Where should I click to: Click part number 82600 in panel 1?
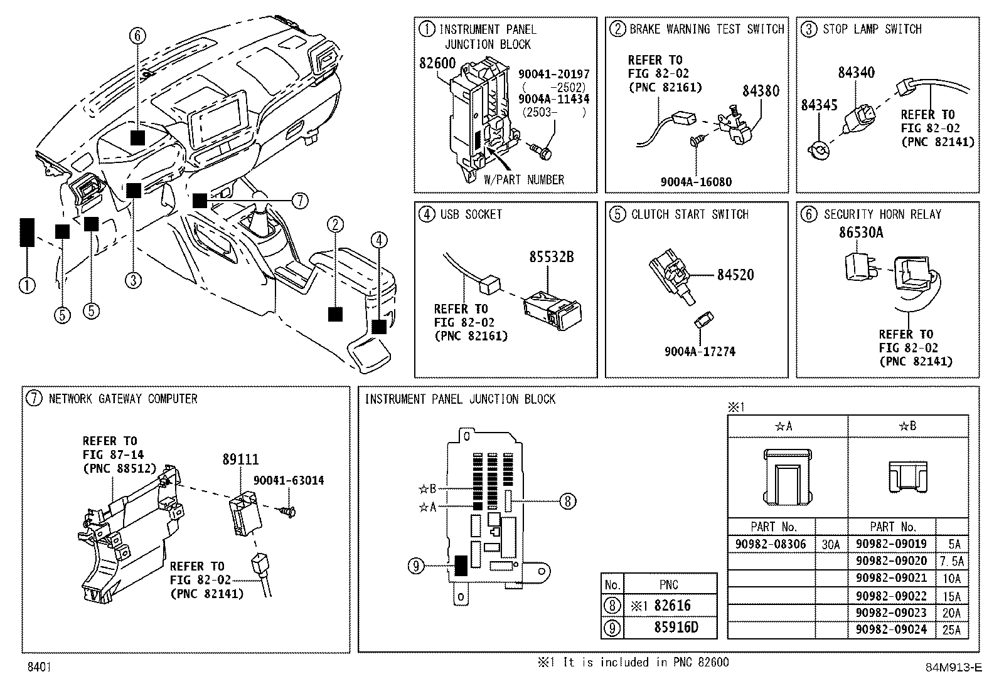(x=437, y=63)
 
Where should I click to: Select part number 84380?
(x=761, y=91)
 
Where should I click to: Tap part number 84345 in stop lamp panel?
(x=819, y=105)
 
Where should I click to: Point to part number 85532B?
(x=551, y=257)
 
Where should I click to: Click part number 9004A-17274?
(x=700, y=352)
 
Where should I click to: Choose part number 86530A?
(x=861, y=233)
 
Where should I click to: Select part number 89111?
(x=240, y=459)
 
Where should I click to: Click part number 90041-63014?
(x=289, y=480)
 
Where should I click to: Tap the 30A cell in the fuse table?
(x=831, y=544)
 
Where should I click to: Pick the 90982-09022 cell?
(x=891, y=596)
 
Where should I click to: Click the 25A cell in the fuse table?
(x=951, y=629)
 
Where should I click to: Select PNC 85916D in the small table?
(x=676, y=627)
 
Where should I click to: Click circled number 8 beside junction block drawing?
(x=568, y=502)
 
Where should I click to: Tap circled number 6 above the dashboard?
(x=137, y=35)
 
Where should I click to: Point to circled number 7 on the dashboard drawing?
(x=300, y=201)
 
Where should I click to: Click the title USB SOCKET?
(x=471, y=214)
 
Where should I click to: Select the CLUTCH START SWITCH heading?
(x=690, y=214)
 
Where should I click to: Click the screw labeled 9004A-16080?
(x=695, y=140)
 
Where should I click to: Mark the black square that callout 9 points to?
(x=461, y=565)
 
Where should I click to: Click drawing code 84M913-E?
(x=954, y=667)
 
